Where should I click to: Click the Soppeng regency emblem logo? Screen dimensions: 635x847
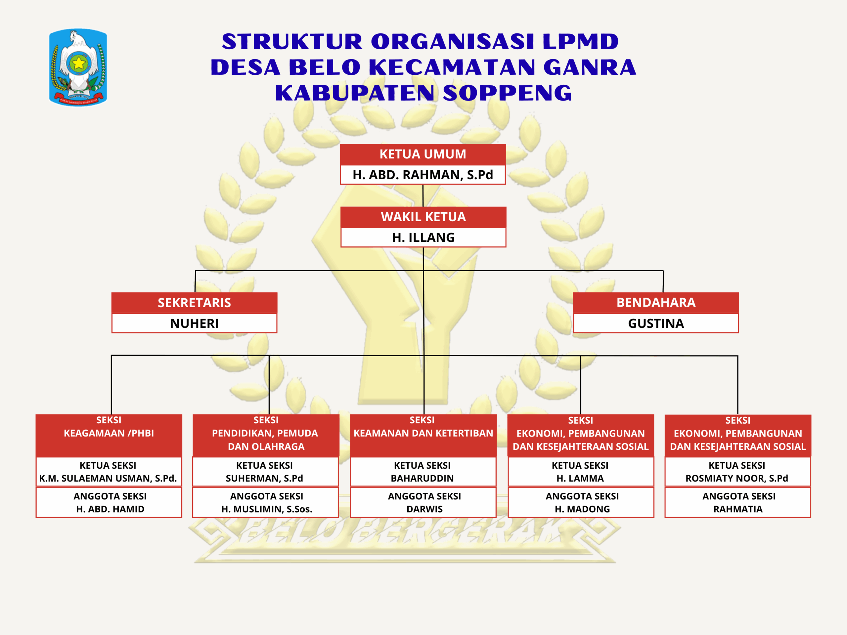click(x=78, y=67)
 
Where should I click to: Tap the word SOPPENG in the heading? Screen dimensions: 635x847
click(x=507, y=93)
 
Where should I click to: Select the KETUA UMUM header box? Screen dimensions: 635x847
click(x=423, y=154)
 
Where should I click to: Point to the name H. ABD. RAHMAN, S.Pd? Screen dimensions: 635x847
click(x=423, y=175)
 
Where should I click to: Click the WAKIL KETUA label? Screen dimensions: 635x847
click(x=423, y=217)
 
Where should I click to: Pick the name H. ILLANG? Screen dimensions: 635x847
click(x=423, y=238)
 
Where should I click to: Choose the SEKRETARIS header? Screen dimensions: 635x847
click(x=194, y=303)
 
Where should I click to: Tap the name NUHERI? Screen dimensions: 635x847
click(x=194, y=323)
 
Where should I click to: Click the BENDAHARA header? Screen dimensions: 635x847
click(x=655, y=302)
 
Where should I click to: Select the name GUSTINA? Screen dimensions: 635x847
click(x=655, y=323)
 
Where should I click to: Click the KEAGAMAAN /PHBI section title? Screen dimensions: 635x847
click(x=109, y=433)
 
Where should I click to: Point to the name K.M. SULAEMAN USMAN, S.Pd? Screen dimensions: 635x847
click(x=108, y=479)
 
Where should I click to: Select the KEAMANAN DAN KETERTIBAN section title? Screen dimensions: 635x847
click(x=423, y=433)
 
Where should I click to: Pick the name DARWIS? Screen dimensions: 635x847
click(x=424, y=509)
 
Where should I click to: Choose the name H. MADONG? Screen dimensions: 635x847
click(x=582, y=509)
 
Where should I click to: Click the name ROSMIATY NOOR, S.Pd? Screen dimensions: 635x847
click(x=737, y=479)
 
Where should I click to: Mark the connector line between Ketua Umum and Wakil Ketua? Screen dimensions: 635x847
click(x=423, y=195)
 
